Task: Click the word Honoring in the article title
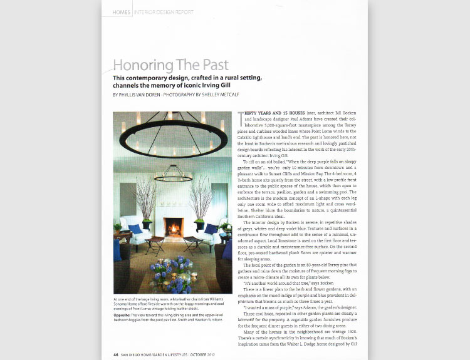pyautogui.click(x=142, y=65)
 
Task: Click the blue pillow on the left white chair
pyautogui.click(x=136, y=229)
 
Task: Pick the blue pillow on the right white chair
pyautogui.click(x=211, y=229)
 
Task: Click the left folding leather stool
pyautogui.click(x=154, y=244)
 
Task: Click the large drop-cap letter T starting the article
pyautogui.click(x=241, y=114)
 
